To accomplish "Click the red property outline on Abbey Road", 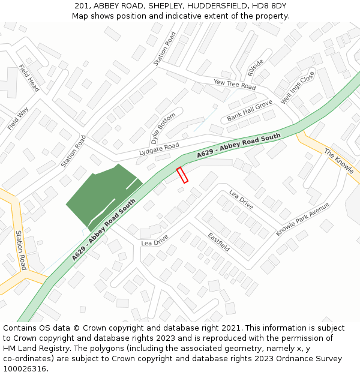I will pyautogui.click(x=182, y=175).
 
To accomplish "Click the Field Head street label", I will pyautogui.click(x=29, y=78).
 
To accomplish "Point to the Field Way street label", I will pyautogui.click(x=18, y=119).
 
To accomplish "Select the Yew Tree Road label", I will pyautogui.click(x=235, y=85).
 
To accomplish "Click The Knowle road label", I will pyautogui.click(x=339, y=161).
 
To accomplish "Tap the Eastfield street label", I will pyautogui.click(x=219, y=241).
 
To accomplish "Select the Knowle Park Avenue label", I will pyautogui.click(x=303, y=219).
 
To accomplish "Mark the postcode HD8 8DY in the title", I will pyautogui.click(x=269, y=6).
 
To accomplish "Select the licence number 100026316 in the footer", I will pyautogui.click(x=25, y=368).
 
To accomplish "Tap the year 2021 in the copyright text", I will pyautogui.click(x=228, y=328).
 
